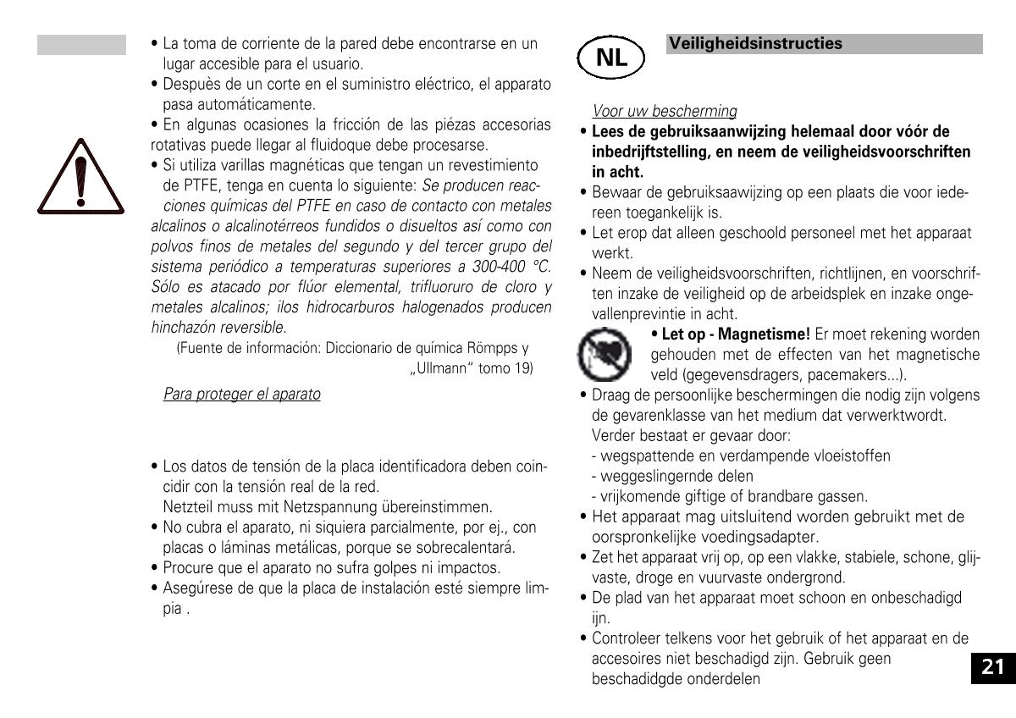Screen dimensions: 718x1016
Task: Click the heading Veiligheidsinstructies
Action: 755,43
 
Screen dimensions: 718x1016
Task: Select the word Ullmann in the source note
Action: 434,368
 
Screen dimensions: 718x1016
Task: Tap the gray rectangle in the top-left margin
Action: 81,45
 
